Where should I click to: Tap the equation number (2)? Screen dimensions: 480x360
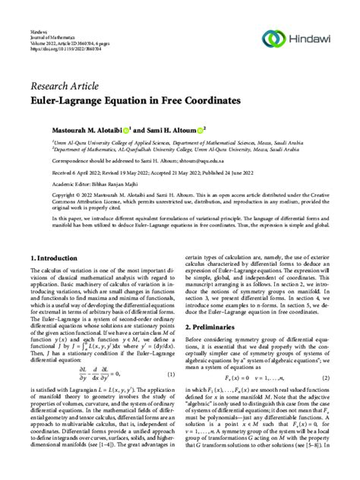coord(325,378)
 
